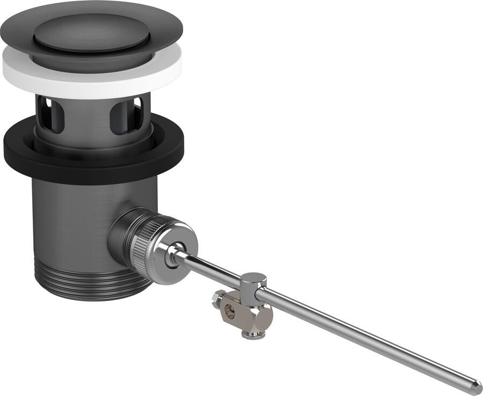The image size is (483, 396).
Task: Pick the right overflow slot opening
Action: [x=119, y=115]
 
